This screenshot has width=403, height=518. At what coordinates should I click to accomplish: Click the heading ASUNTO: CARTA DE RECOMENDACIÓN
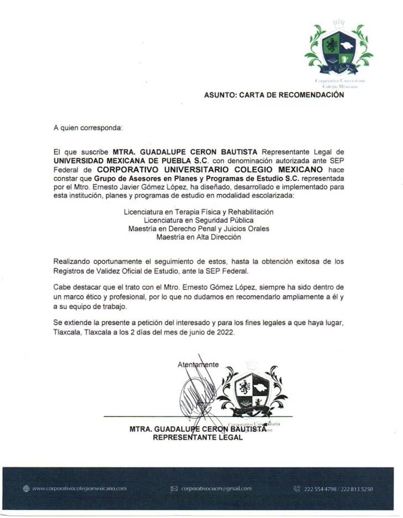(274, 95)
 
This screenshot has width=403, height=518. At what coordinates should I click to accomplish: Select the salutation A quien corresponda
(88, 128)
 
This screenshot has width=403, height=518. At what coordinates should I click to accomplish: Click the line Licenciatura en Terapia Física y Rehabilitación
(199, 212)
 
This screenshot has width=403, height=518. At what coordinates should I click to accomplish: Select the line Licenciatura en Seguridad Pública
(198, 220)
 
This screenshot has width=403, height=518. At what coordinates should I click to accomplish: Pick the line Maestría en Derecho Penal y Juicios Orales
(199, 228)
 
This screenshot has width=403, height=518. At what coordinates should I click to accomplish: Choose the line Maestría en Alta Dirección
(198, 237)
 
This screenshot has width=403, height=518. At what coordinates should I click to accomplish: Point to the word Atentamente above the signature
(198, 365)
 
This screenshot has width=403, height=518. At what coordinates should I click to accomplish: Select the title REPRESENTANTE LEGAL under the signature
(197, 437)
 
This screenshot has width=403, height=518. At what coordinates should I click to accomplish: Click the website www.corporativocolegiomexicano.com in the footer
(80, 489)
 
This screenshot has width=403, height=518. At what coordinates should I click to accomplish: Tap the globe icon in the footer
(26, 489)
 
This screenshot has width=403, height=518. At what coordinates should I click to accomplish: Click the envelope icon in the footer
(174, 489)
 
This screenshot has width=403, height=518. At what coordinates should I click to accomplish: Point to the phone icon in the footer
(297, 489)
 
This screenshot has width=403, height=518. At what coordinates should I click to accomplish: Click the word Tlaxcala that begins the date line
(67, 333)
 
